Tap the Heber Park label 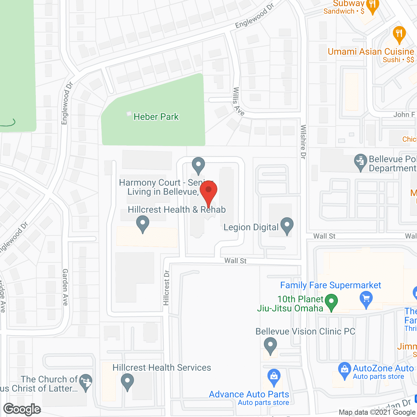click(x=156, y=117)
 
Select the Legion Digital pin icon click(x=287, y=225)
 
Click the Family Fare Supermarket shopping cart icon click(x=366, y=299)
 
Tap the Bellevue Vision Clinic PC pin click(x=270, y=345)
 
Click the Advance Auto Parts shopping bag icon click(x=274, y=376)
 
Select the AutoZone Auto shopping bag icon click(x=344, y=370)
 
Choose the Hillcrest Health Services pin click(x=127, y=381)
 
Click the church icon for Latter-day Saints click(x=86, y=381)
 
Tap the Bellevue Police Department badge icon click(x=360, y=162)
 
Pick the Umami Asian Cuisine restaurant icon click(x=399, y=34)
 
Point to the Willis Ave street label click(x=238, y=101)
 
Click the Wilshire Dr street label click(x=303, y=142)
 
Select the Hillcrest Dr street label click(x=166, y=288)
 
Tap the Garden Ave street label click(x=65, y=287)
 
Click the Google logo click(x=22, y=409)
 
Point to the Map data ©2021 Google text click(x=377, y=412)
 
